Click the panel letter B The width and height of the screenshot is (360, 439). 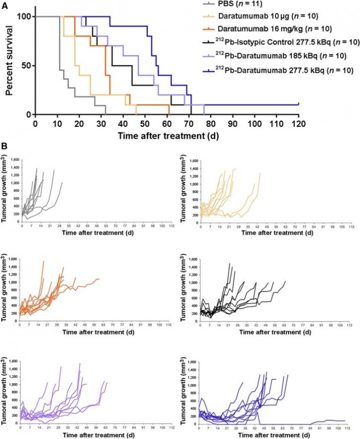[x=4, y=146]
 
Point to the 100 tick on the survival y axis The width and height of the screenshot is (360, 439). [x=24, y=16]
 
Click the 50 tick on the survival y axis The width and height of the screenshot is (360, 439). [x=26, y=65]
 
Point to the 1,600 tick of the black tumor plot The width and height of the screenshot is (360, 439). [x=189, y=259]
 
